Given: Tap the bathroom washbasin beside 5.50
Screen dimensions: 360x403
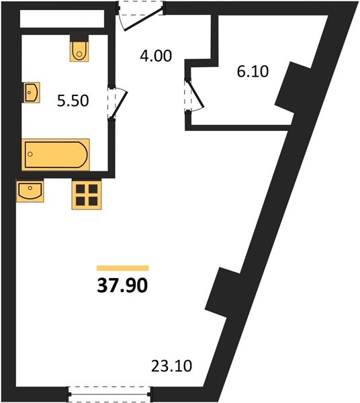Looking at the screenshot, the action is [32, 93].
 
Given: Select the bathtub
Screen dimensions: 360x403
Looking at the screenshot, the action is [56, 154].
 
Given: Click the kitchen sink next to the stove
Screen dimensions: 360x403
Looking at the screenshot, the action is [30, 191].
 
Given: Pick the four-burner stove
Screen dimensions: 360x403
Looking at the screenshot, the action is [87, 194].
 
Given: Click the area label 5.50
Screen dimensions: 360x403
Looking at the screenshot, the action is [73, 101].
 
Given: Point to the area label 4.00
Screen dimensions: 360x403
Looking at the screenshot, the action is [156, 56].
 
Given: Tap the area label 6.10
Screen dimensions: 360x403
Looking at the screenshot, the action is [253, 71].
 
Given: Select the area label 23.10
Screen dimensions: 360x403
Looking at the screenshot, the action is [171, 366].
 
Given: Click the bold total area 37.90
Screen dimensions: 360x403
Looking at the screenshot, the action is [122, 286].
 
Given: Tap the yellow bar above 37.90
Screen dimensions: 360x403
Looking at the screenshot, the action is [122, 268].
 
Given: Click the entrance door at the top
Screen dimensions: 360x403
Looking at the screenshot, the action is [141, 15].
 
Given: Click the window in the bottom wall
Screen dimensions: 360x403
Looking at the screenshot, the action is [109, 394].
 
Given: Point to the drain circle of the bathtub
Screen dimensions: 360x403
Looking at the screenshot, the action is [30, 154].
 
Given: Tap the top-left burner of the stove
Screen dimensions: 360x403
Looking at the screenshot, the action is [81, 189].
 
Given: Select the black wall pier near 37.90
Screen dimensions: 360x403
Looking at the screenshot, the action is [222, 293].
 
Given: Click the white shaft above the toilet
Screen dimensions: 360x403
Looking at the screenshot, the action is [62, 19].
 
